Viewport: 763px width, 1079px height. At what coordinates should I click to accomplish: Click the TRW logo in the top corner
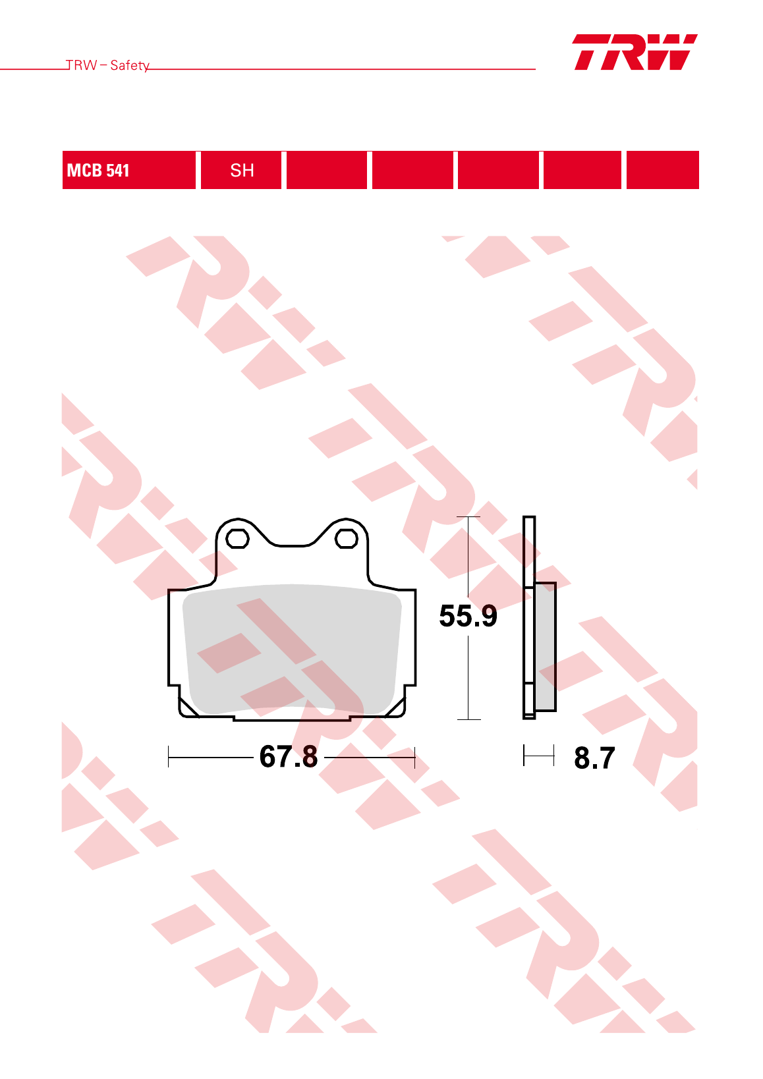click(x=635, y=52)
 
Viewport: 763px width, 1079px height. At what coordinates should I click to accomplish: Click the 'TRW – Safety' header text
click(x=107, y=65)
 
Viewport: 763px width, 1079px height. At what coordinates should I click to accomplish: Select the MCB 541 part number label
click(x=98, y=171)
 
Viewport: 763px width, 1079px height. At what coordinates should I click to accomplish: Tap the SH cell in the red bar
click(x=241, y=170)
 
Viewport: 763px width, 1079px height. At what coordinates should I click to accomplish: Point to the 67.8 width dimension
click(x=289, y=756)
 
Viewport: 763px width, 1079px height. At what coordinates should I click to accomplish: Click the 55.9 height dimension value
click(x=468, y=616)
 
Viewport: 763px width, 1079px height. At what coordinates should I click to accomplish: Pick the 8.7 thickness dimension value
click(x=594, y=758)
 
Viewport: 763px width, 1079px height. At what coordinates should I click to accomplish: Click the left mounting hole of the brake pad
click(x=237, y=539)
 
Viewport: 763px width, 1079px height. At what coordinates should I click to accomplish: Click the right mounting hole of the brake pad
click(x=347, y=539)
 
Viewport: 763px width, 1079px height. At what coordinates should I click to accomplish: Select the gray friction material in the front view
click(x=292, y=650)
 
